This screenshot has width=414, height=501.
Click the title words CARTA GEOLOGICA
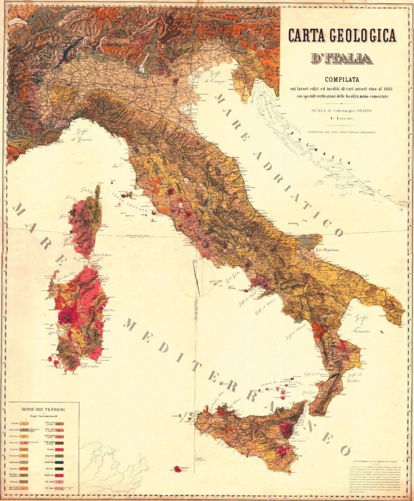342,36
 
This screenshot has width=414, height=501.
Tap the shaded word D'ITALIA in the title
342,59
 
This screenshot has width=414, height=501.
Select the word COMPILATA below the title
342,80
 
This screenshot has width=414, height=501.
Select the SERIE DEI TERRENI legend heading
43,408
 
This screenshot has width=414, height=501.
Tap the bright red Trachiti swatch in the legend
59,447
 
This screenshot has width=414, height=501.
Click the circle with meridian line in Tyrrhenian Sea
196,278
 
